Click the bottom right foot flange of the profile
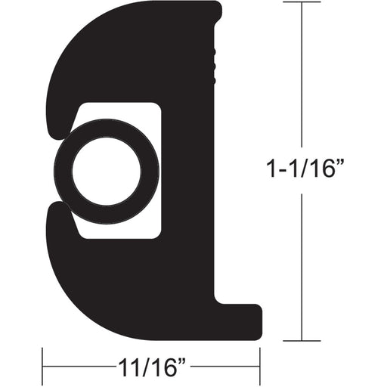[x=242, y=314]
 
